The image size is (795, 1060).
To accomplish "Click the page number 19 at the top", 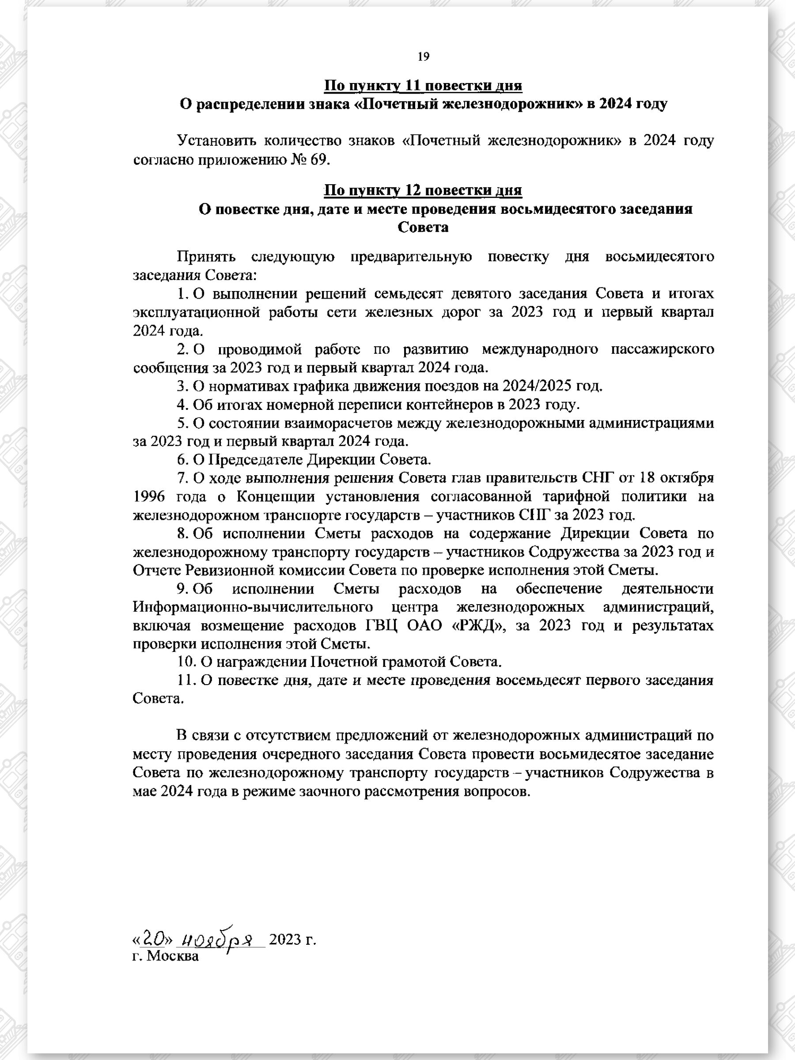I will pos(423,57).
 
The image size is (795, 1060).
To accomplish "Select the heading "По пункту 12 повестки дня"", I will pos(423,190).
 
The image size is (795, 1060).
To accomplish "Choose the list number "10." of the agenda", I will pos(186,662).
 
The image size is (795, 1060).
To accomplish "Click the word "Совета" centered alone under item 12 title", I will pos(423,227).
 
